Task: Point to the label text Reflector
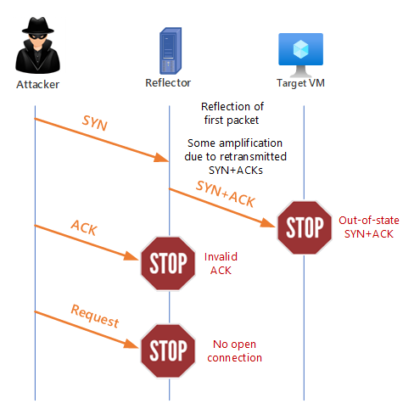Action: pos(168,82)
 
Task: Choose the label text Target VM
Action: pos(303,84)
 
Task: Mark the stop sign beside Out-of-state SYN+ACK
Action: pos(304,227)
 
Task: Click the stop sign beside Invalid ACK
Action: pos(169,262)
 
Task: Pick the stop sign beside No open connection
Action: pos(169,350)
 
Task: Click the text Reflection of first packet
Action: pos(232,113)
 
